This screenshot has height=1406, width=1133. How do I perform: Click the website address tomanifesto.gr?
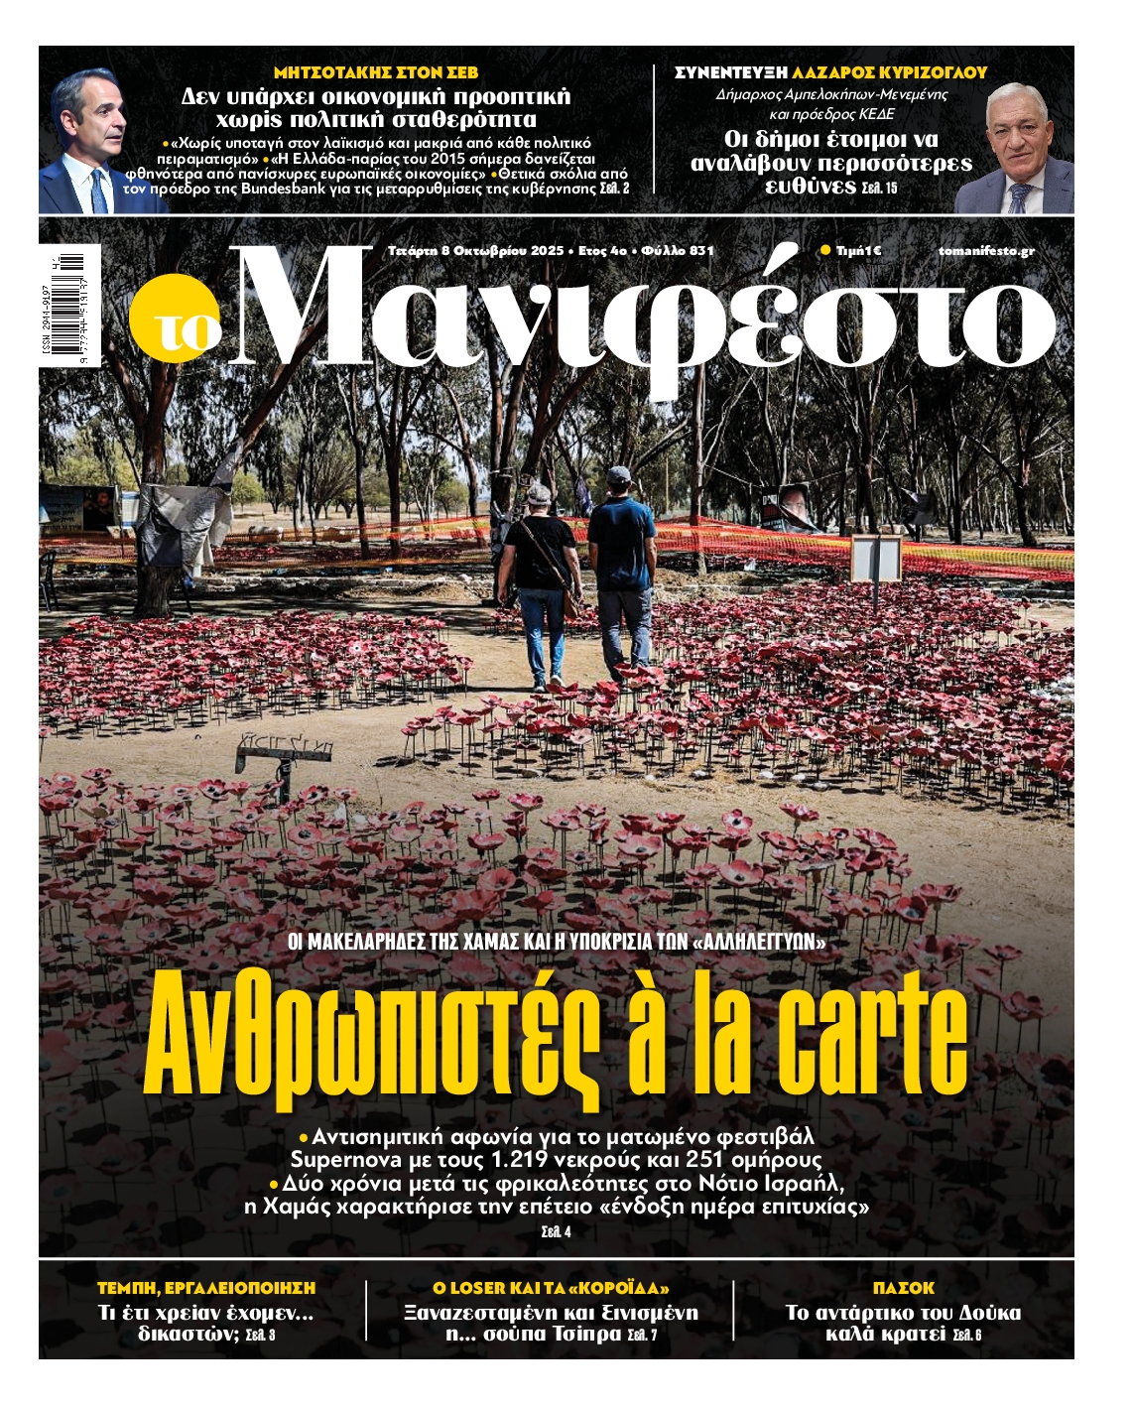point(985,251)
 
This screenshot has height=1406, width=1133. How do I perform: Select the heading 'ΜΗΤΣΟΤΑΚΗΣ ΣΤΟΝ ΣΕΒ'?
point(375,72)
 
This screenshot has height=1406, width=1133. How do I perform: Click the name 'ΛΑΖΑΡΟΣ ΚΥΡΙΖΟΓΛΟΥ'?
point(889,72)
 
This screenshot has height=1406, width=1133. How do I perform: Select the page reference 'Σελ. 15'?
point(879,188)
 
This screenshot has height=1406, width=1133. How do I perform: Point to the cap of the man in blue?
point(619,474)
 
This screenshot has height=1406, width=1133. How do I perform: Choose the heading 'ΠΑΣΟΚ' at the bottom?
point(903,1288)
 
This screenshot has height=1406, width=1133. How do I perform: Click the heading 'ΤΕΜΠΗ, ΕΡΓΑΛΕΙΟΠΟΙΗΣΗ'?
point(206,1288)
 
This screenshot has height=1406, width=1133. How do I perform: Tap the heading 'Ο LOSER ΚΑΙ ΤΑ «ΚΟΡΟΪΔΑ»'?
point(551,1288)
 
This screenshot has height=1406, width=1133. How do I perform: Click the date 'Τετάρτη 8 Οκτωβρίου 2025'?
point(476,251)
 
